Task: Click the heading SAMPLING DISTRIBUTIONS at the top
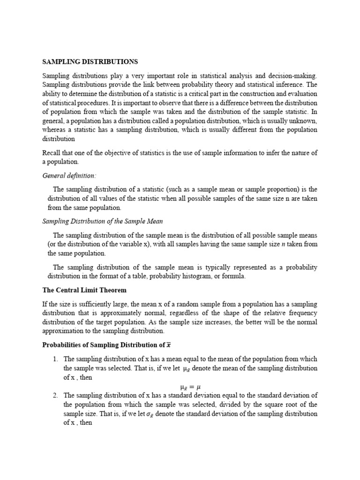pos(90,61)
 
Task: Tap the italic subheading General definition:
pos(69,175)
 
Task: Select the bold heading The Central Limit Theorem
pos(84,290)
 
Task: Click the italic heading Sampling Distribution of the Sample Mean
pos(103,221)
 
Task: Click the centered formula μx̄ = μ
pos(190,387)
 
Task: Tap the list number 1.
pos(55,359)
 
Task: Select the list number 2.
pos(55,395)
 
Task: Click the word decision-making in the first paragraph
pos(294,75)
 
